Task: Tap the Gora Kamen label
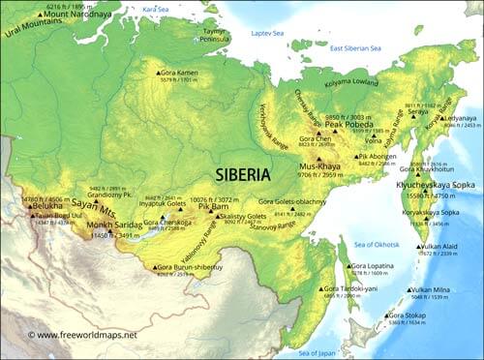click(179, 73)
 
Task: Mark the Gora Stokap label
click(410, 315)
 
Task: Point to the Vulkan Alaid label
click(441, 246)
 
